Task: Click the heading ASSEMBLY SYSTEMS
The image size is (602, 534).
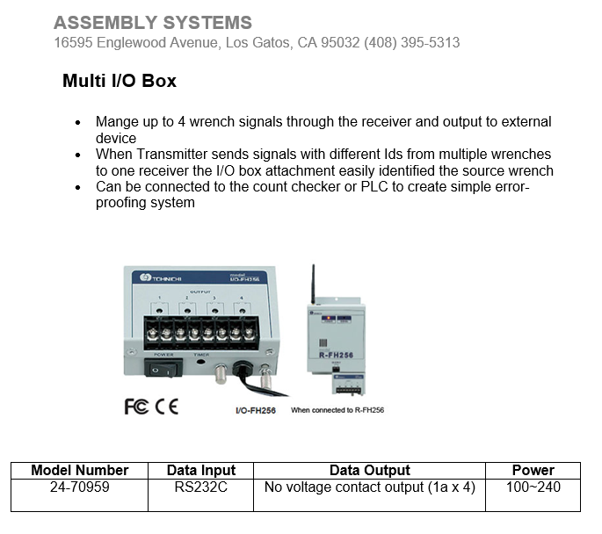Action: click(x=153, y=23)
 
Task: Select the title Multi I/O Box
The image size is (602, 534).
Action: click(x=120, y=81)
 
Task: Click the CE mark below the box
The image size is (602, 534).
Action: click(x=167, y=407)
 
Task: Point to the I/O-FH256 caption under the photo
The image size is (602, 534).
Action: click(x=256, y=410)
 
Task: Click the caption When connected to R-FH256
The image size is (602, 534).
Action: click(x=337, y=410)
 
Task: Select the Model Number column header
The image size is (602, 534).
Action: click(x=80, y=470)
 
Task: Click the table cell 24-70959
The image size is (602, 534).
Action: click(x=80, y=487)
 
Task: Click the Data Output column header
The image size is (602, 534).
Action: click(x=370, y=470)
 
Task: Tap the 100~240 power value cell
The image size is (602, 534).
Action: click(x=533, y=487)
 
